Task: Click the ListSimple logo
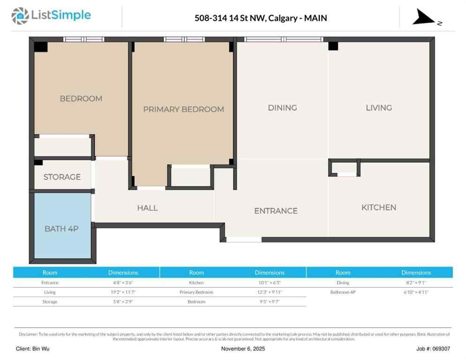[51, 15]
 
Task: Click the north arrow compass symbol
[425, 18]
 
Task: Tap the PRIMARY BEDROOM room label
[183, 109]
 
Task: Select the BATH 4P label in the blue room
[61, 229]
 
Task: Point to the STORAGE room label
[62, 177]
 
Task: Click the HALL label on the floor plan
[147, 208]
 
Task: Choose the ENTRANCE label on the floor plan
[276, 211]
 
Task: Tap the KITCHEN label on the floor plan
[378, 207]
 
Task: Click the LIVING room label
[378, 108]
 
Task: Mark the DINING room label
[282, 108]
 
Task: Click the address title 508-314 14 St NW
[261, 18]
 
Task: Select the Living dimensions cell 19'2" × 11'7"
[123, 292]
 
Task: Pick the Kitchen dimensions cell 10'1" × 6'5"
[270, 283]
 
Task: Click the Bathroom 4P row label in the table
[343, 292]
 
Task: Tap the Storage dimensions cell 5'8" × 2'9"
[123, 301]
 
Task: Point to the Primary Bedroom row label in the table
[196, 292]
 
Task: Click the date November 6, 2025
[243, 349]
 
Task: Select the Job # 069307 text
[433, 349]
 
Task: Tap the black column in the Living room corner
[333, 46]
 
